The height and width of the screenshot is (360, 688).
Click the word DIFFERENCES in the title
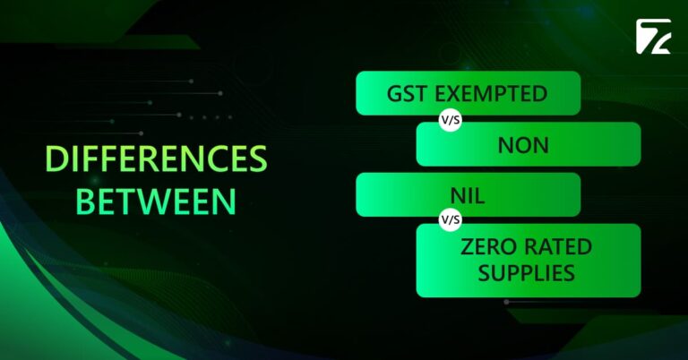[x=157, y=159]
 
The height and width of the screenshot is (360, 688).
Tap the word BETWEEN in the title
[x=156, y=200]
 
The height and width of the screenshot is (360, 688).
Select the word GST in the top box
[x=406, y=94]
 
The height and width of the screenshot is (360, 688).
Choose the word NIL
[x=469, y=195]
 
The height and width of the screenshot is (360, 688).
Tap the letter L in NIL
[x=482, y=195]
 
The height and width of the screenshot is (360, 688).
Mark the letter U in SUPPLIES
[x=501, y=272]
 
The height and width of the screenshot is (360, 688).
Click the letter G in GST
[x=393, y=94]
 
